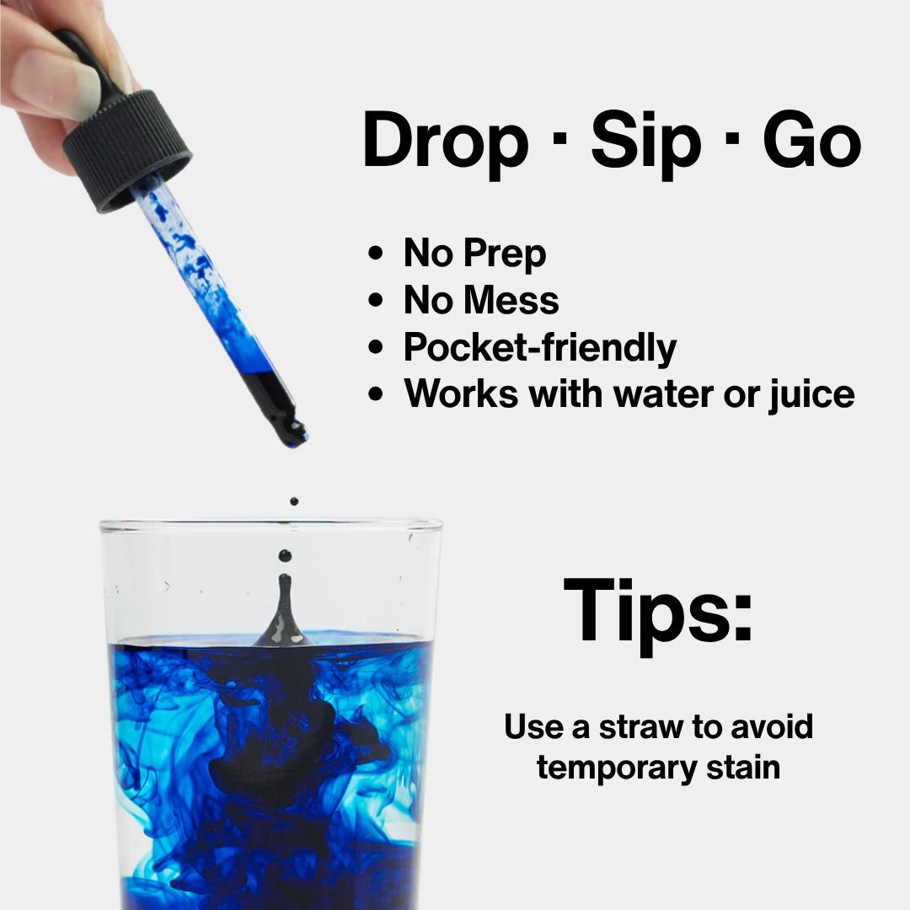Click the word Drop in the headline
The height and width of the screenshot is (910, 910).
pos(444,143)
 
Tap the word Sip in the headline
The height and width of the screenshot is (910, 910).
pos(645,143)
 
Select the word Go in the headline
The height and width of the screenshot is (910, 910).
pos(812,142)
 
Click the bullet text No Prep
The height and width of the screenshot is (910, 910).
pos(474,254)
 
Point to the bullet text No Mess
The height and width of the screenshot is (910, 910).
pos(481,301)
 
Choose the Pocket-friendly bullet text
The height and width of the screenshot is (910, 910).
pos(539,348)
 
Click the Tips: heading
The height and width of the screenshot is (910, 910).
pos(657,609)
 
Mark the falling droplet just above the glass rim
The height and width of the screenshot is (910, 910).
pos(293,501)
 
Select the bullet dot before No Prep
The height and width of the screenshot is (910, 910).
pos(377,254)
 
